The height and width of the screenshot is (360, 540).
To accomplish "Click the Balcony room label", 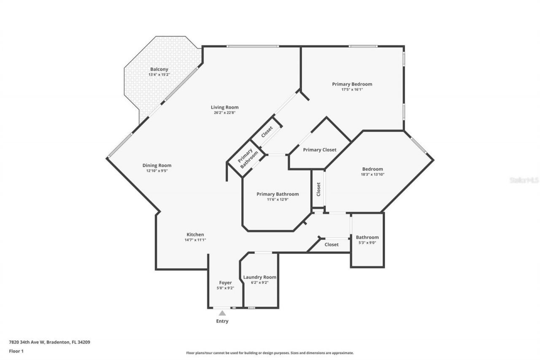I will click(x=159, y=69).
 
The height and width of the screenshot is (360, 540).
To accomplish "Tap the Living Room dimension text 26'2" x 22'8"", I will click(x=224, y=113).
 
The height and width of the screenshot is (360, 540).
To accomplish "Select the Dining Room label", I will click(x=157, y=165).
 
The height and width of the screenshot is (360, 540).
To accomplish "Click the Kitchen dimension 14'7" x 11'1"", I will click(x=195, y=240).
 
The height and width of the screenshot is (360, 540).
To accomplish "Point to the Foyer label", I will click(x=225, y=283).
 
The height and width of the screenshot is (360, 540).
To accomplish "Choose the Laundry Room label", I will click(x=260, y=277).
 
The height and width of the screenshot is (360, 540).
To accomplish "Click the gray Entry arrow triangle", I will click(x=222, y=313).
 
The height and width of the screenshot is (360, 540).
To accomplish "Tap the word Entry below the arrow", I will click(x=222, y=321).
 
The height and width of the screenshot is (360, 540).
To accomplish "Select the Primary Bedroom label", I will click(x=352, y=84).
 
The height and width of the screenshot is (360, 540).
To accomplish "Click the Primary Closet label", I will click(x=320, y=150).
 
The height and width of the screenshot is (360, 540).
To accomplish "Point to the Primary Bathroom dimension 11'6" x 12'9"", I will click(x=278, y=200).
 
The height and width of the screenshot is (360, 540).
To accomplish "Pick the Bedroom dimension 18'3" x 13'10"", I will click(x=372, y=174).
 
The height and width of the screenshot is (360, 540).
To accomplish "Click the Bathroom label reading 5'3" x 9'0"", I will click(x=367, y=242).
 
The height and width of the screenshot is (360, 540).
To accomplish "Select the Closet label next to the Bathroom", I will click(x=332, y=244).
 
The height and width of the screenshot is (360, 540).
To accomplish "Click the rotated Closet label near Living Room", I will click(x=267, y=132).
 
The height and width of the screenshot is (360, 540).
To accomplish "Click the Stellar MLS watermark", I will click(x=524, y=180).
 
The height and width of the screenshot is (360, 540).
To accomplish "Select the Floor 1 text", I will click(x=16, y=351).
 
